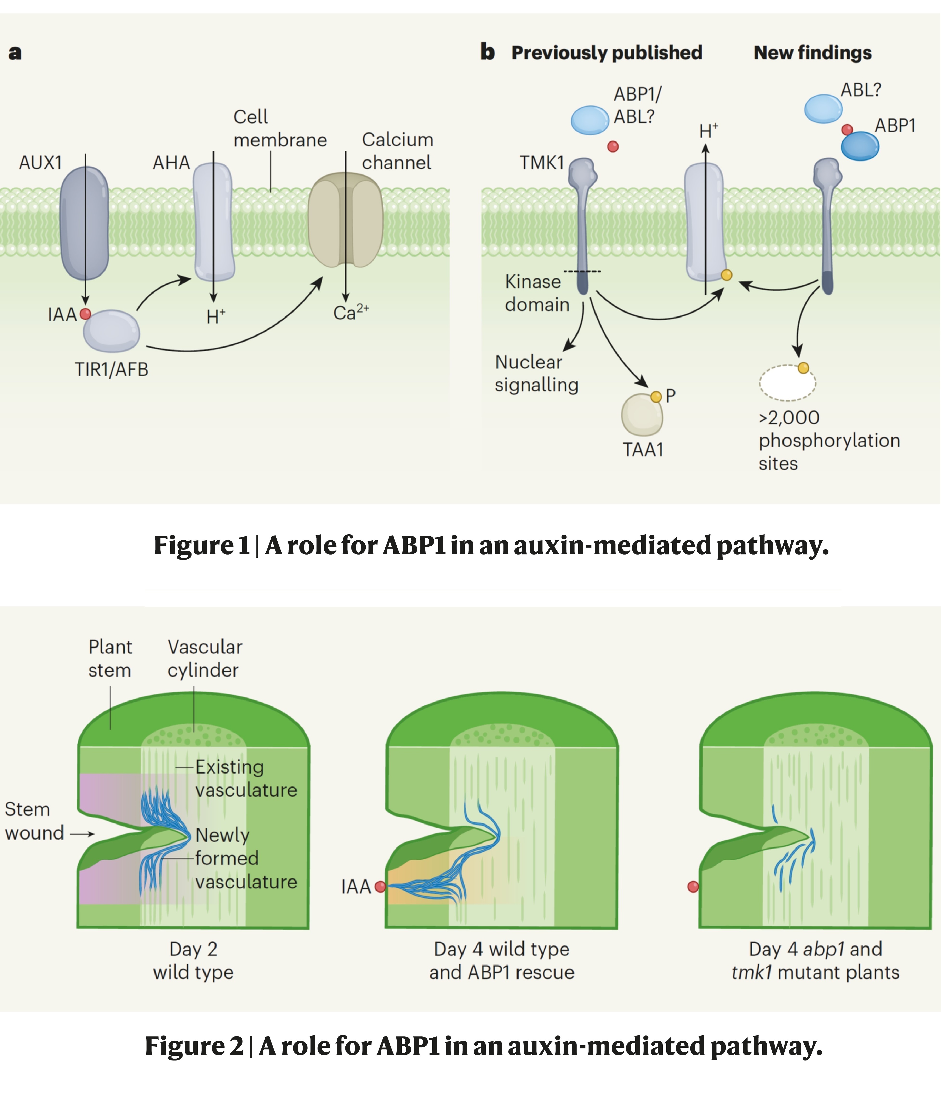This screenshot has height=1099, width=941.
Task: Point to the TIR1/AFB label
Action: pos(111,369)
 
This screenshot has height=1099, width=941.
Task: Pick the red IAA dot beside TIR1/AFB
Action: pos(85,314)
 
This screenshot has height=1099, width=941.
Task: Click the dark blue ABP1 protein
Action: pos(859,146)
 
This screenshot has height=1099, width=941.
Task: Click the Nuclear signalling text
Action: pos(536,373)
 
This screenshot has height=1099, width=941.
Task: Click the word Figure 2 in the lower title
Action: pos(194,1046)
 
